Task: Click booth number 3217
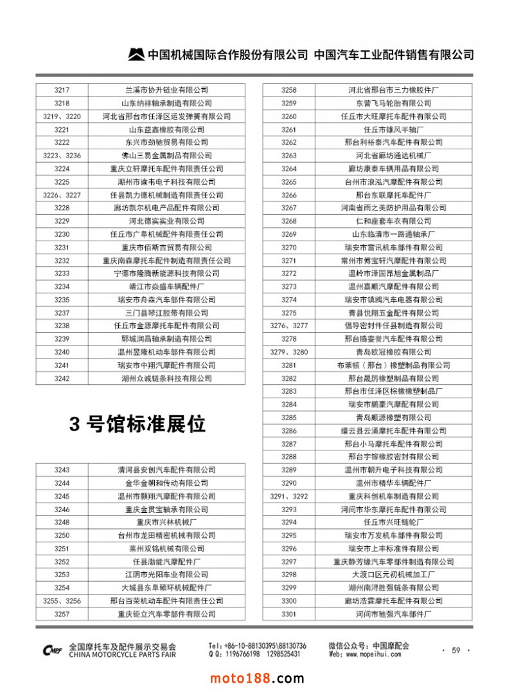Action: click(62, 90)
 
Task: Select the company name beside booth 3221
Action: click(166, 129)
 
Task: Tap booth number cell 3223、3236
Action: click(62, 156)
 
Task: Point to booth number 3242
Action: click(62, 378)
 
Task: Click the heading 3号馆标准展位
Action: click(137, 424)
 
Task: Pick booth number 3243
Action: click(62, 470)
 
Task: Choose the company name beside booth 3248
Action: click(166, 522)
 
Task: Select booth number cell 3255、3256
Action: click(62, 600)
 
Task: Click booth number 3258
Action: click(289, 90)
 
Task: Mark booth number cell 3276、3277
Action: click(289, 326)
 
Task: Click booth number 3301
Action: click(289, 614)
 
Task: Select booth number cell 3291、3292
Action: click(289, 496)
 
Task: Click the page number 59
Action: click(456, 651)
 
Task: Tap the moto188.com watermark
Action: click(257, 678)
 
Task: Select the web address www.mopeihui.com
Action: click(365, 654)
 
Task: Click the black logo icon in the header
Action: click(136, 55)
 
